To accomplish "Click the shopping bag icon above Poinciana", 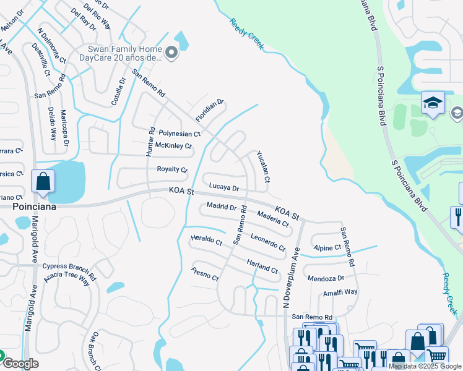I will pyautogui.click(x=43, y=182).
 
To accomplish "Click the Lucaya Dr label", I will pyautogui.click(x=223, y=186).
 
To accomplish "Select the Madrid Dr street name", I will pyautogui.click(x=222, y=206).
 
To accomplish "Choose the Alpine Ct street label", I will pyautogui.click(x=327, y=247).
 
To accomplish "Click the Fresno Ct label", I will pyautogui.click(x=206, y=274).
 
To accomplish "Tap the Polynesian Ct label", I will pyautogui.click(x=180, y=133).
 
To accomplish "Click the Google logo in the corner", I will pyautogui.click(x=21, y=364).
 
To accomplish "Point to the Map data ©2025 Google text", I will pyautogui.click(x=425, y=366).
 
